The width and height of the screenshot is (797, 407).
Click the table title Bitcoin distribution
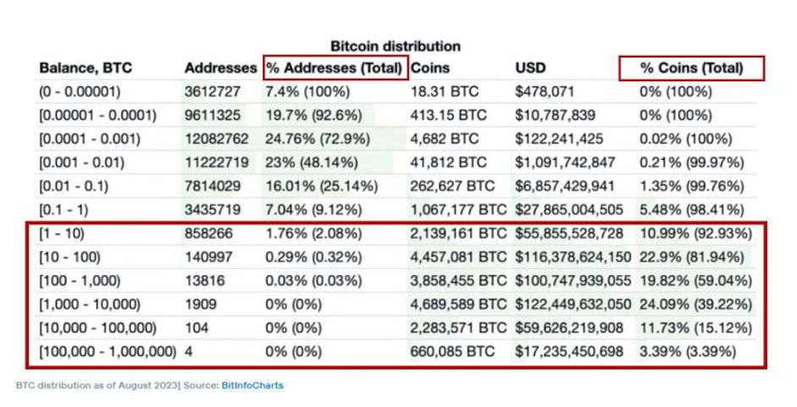point(395,46)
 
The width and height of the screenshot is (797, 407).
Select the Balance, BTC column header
point(86,69)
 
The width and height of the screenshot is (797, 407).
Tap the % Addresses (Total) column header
point(334,69)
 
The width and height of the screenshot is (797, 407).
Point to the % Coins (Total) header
point(692,69)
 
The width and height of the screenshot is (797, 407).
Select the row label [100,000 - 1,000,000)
point(108,351)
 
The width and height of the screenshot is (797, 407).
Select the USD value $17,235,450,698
point(570,351)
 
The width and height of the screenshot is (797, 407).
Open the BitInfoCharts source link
point(252,386)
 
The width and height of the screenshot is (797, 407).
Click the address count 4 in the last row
point(189,351)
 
